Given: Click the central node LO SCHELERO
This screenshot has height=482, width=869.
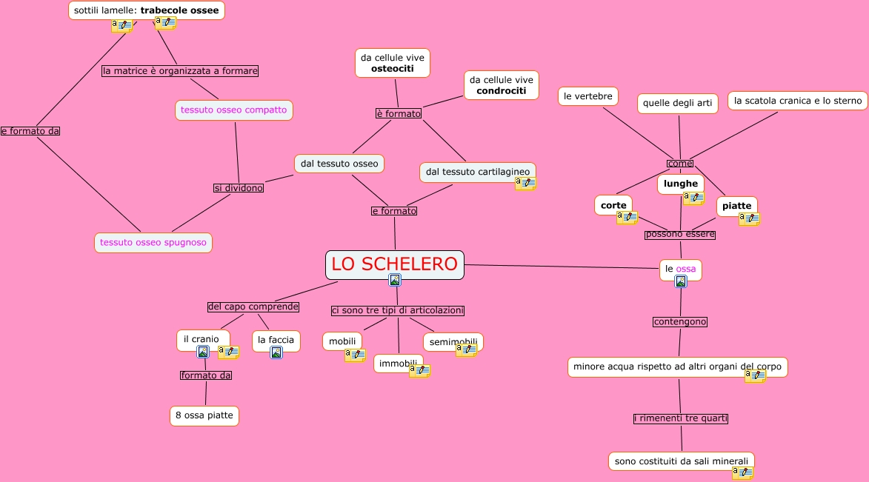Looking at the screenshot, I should coord(394,264).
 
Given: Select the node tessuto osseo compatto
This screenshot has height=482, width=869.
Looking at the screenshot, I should coord(233,110).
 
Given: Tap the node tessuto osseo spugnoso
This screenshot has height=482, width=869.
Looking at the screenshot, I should coord(153,242).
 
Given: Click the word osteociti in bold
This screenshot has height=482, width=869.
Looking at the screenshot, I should coord(392,69).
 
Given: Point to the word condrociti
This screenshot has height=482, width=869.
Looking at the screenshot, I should coord(501,91).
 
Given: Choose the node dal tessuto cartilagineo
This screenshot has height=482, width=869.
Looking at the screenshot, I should coord(477,172).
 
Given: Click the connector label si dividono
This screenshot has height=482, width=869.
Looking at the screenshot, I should coord(239,188).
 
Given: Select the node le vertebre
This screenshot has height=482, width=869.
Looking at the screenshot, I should coord(588,96).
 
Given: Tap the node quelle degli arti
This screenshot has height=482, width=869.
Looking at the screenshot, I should coord(677,104).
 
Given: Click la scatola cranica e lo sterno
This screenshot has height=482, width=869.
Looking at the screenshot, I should coord(798,101).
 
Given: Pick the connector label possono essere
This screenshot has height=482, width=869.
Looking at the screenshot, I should coord(679,235).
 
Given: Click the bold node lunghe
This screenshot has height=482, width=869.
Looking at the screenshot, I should coord(680,184).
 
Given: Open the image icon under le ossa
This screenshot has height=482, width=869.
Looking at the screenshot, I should coord(681,281).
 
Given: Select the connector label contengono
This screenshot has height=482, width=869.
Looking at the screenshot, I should coord(680,322).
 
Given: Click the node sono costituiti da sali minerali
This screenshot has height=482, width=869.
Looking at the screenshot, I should coord(681,461).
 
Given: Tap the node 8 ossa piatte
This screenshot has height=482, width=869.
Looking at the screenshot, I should coord(204,415).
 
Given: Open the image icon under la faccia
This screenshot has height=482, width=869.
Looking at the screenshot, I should coord(276,352).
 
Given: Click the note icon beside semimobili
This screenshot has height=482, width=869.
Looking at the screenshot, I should coord(466,351).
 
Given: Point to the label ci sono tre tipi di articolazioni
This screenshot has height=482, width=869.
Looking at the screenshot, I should coord(398,311).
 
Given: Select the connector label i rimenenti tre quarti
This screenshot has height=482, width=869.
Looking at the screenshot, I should coord(681,419).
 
